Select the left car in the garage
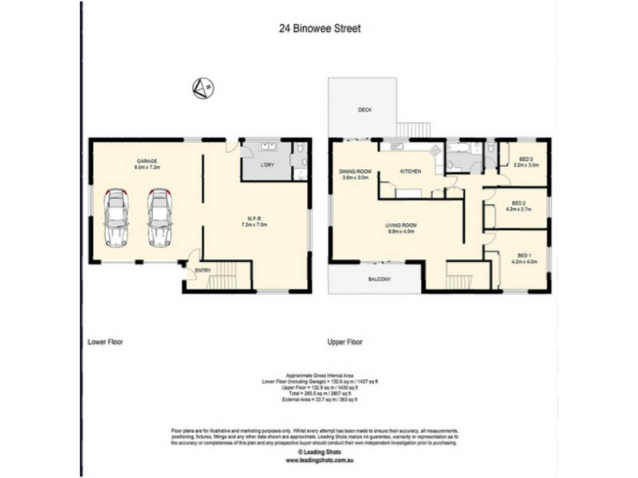pos(116,217)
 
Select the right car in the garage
pos(159,217)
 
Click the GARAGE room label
pos(145,161)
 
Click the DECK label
pos(364,109)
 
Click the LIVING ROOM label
pos(403,225)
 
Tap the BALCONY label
pos(379,280)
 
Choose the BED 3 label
pos(526,158)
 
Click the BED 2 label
pos(519,202)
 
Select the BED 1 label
pos(519,253)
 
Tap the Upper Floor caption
pos(345,341)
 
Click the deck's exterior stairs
pos(413,128)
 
